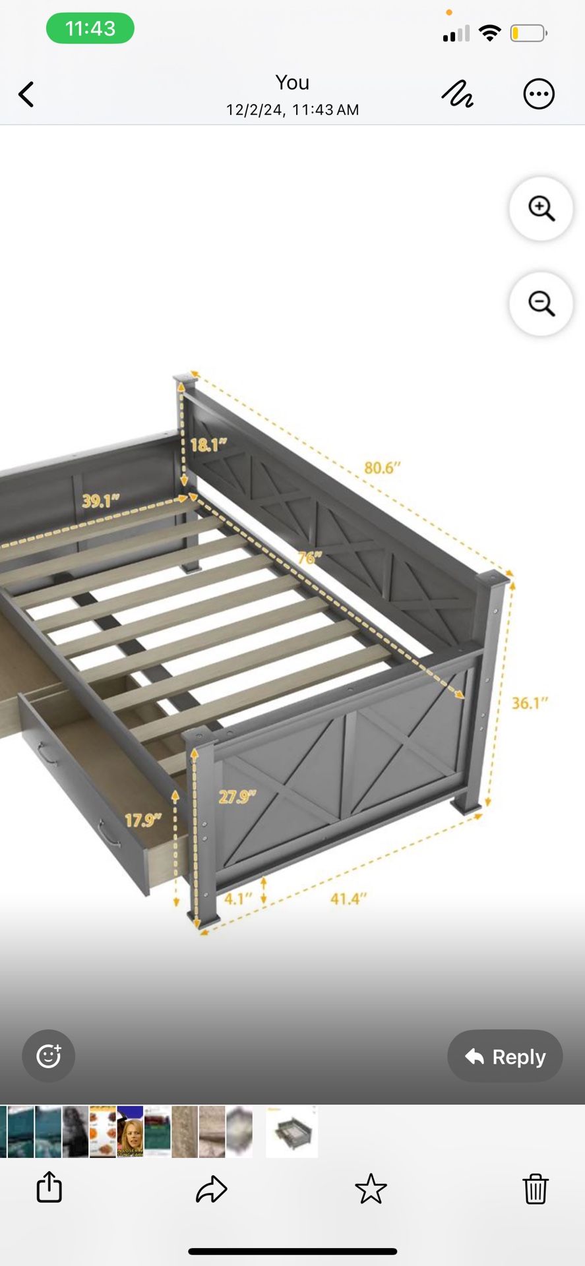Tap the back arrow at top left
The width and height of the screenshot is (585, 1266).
pyautogui.click(x=26, y=94)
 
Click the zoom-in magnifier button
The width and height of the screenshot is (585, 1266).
pyautogui.click(x=541, y=208)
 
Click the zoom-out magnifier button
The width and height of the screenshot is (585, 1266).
pyautogui.click(x=541, y=303)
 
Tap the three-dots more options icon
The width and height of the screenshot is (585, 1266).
pyautogui.click(x=539, y=94)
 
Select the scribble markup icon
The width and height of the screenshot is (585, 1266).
pyautogui.click(x=457, y=94)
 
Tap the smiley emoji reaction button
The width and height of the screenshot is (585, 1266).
pyautogui.click(x=49, y=1056)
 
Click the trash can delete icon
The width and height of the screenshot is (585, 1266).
pyautogui.click(x=536, y=1188)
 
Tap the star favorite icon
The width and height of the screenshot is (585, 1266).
pyautogui.click(x=371, y=1188)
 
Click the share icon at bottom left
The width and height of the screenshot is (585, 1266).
pyautogui.click(x=49, y=1187)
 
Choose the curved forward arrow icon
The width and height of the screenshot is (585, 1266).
pyautogui.click(x=212, y=1189)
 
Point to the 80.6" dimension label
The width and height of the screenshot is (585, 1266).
pyautogui.click(x=383, y=467)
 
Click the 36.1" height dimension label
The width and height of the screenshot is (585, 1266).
pyautogui.click(x=530, y=703)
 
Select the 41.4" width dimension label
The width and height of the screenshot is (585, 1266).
pyautogui.click(x=348, y=898)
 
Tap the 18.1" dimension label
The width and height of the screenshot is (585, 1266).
pyautogui.click(x=208, y=444)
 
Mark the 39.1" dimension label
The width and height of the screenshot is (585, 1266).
pyautogui.click(x=101, y=500)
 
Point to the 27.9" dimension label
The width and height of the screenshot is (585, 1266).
pyautogui.click(x=237, y=797)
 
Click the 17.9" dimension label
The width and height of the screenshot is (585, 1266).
pyautogui.click(x=143, y=820)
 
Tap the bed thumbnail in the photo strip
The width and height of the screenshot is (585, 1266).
pyautogui.click(x=292, y=1131)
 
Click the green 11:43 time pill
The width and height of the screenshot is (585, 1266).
pyautogui.click(x=90, y=28)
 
